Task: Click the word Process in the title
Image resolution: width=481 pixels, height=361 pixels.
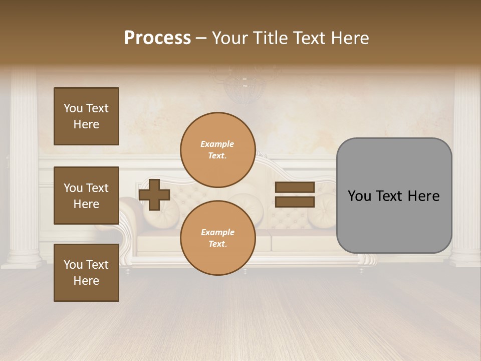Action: pyautogui.click(x=157, y=38)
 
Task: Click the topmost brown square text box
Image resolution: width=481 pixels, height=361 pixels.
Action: pyautogui.click(x=86, y=116)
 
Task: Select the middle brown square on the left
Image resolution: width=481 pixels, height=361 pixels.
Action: pyautogui.click(x=86, y=196)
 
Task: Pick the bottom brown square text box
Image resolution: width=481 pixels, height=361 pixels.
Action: pyautogui.click(x=86, y=273)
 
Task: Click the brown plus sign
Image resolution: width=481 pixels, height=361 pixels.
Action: pyautogui.click(x=154, y=195)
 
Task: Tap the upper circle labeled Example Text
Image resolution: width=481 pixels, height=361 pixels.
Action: pyautogui.click(x=217, y=149)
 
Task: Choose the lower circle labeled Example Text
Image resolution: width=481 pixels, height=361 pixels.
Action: pyautogui.click(x=217, y=238)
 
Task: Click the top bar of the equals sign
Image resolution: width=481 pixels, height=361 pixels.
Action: pyautogui.click(x=295, y=187)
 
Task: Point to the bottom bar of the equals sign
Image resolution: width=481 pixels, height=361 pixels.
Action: pyautogui.click(x=295, y=202)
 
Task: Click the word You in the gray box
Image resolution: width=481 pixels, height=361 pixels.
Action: pyautogui.click(x=360, y=196)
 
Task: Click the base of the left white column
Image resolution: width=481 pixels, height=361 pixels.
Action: pyautogui.click(x=22, y=258)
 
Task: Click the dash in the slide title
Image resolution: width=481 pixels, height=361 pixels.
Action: pyautogui.click(x=201, y=39)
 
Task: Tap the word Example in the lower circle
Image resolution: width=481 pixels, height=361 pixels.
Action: pyautogui.click(x=217, y=232)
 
